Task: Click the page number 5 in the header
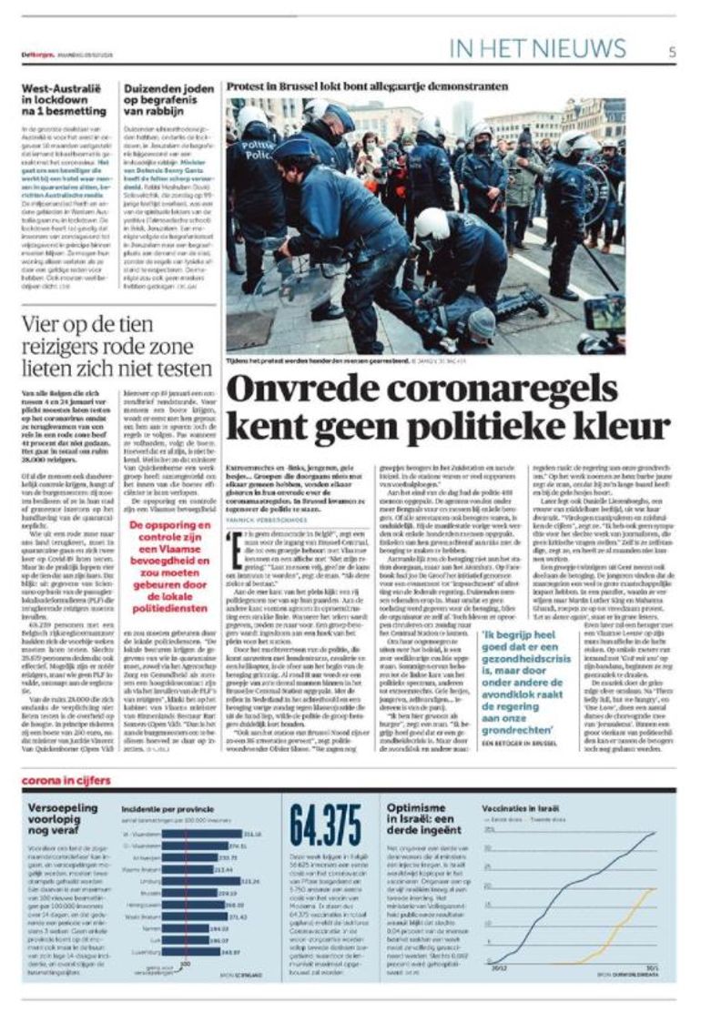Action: tap(672, 51)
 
